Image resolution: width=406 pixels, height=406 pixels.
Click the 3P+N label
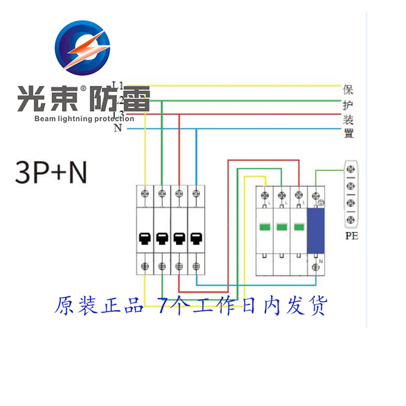[x=51, y=173]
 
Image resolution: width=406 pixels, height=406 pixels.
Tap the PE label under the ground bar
[x=351, y=236]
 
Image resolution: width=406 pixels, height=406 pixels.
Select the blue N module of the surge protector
[x=315, y=230]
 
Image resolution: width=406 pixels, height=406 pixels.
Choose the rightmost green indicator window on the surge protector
[x=298, y=227]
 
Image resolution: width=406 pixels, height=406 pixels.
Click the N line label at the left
[x=118, y=128]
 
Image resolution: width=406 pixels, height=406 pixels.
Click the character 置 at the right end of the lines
[x=349, y=134]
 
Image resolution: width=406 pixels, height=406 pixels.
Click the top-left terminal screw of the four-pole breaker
[x=145, y=195]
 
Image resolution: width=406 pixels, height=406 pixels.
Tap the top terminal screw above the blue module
[x=315, y=195]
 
